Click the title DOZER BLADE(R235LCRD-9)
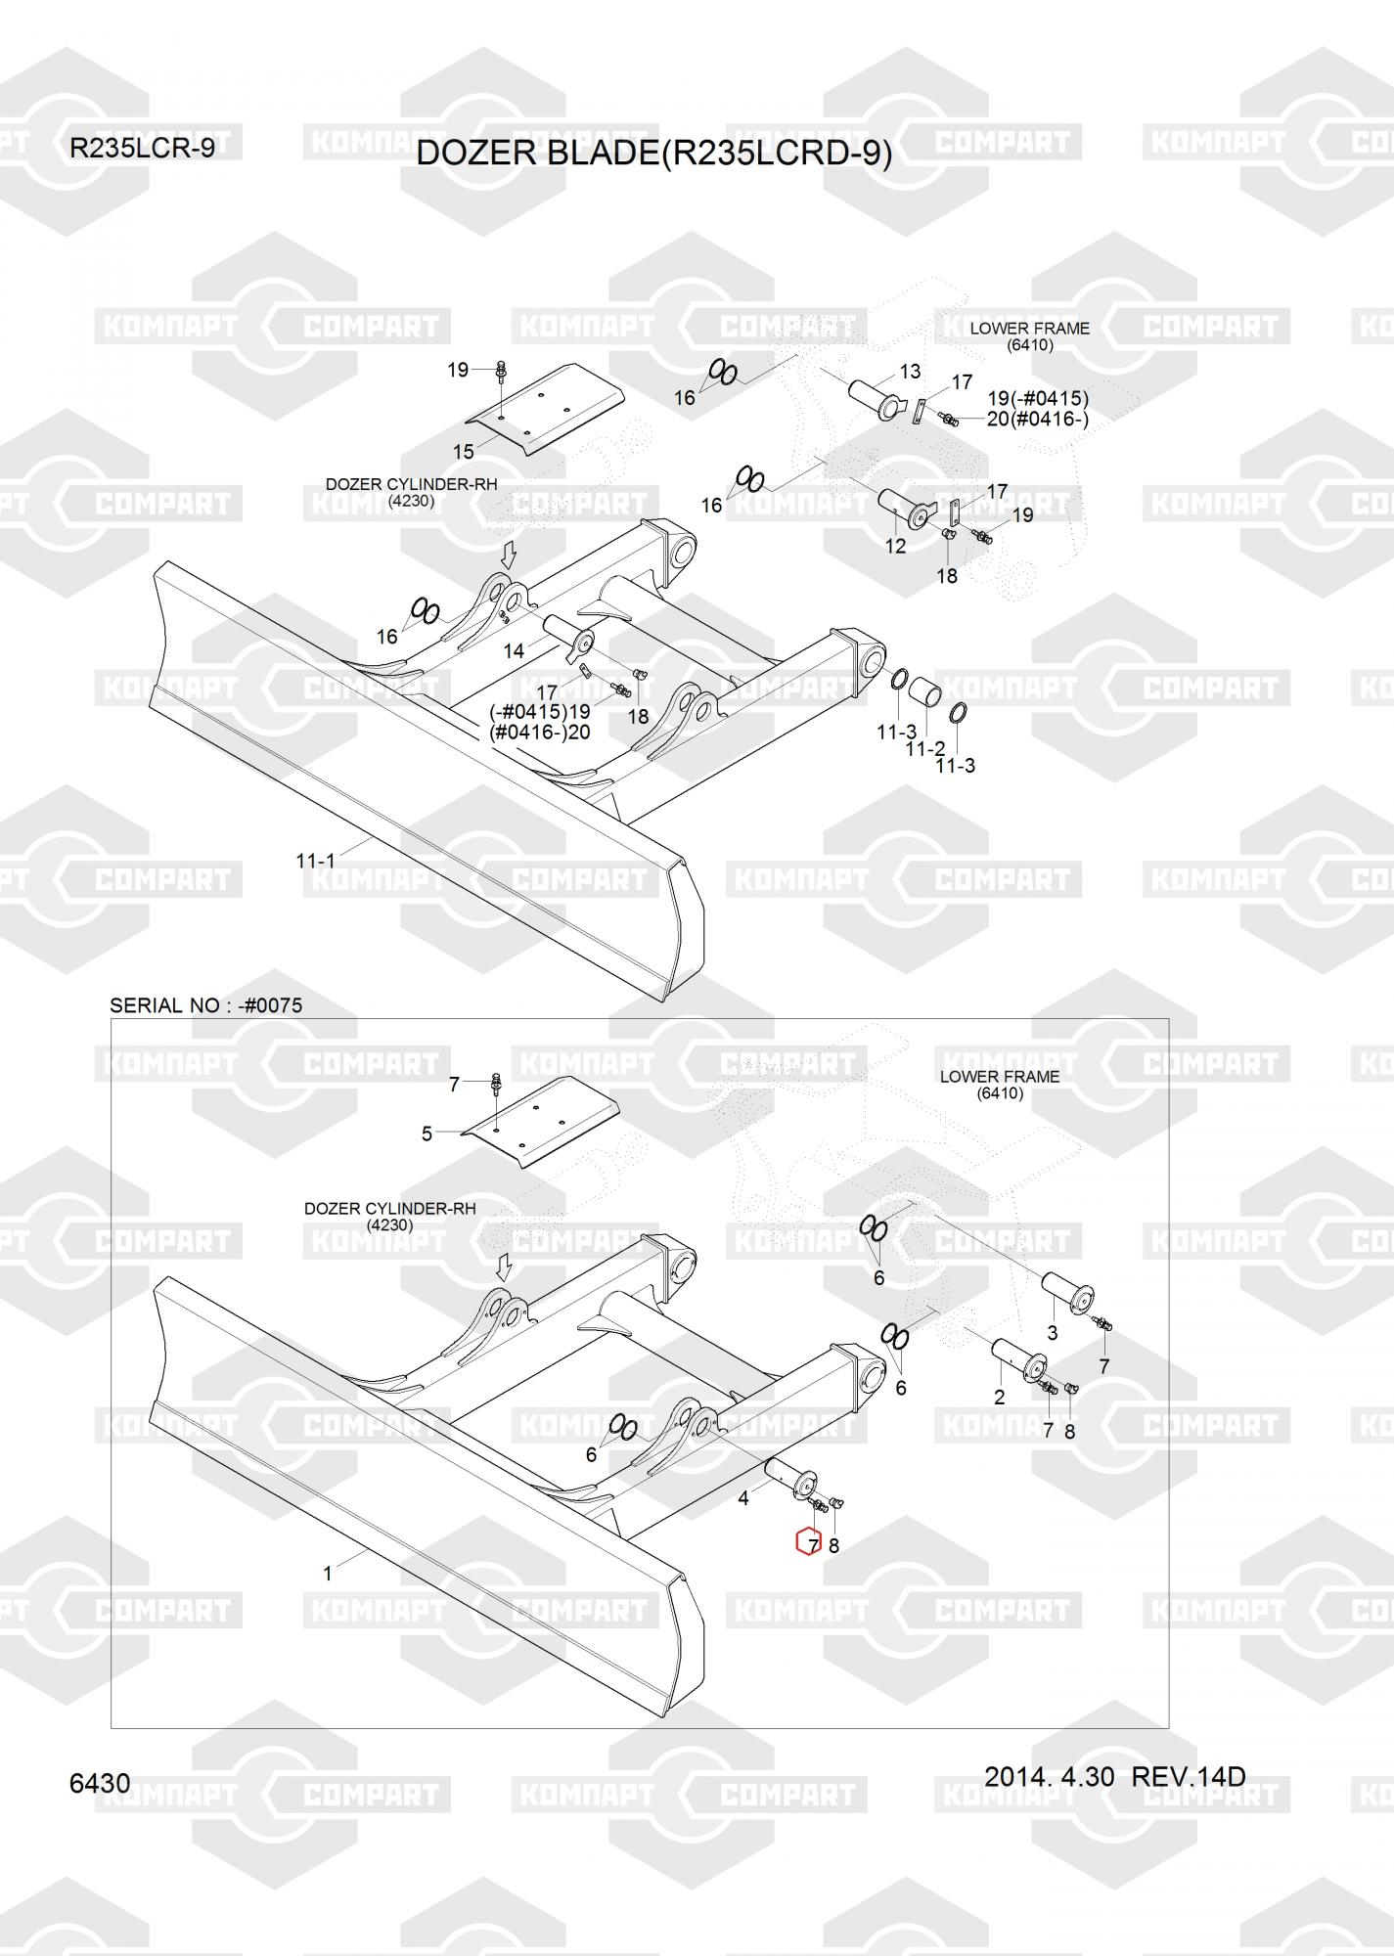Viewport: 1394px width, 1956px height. pyautogui.click(x=653, y=154)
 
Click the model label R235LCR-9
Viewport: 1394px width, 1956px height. pyautogui.click(x=142, y=149)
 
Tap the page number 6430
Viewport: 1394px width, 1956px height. pyautogui.click(x=100, y=1783)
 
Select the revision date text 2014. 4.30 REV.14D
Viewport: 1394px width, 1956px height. pyautogui.click(x=1114, y=1776)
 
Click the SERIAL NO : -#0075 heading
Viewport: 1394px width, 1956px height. pyautogui.click(x=205, y=1005)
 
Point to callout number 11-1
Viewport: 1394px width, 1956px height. pyautogui.click(x=315, y=861)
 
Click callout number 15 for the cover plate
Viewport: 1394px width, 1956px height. pyautogui.click(x=463, y=451)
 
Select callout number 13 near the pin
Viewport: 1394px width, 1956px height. pyautogui.click(x=910, y=372)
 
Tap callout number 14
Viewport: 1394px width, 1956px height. pyautogui.click(x=514, y=650)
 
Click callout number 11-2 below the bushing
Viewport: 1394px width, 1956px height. pyautogui.click(x=924, y=748)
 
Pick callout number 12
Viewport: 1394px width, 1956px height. pyautogui.click(x=895, y=547)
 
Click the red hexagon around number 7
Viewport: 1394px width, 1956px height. pyautogui.click(x=809, y=1542)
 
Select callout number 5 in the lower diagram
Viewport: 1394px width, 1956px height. pyautogui.click(x=427, y=1134)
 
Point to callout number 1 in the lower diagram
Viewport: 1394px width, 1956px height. pyautogui.click(x=328, y=1574)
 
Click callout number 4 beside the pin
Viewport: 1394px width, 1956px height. pyautogui.click(x=743, y=1497)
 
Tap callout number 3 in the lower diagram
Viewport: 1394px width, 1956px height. pyautogui.click(x=1053, y=1332)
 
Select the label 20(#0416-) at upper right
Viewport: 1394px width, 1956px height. pyautogui.click(x=1037, y=419)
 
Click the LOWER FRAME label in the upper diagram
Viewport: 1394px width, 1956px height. pyautogui.click(x=1029, y=329)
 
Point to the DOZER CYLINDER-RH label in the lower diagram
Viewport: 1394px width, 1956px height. pyautogui.click(x=389, y=1209)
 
